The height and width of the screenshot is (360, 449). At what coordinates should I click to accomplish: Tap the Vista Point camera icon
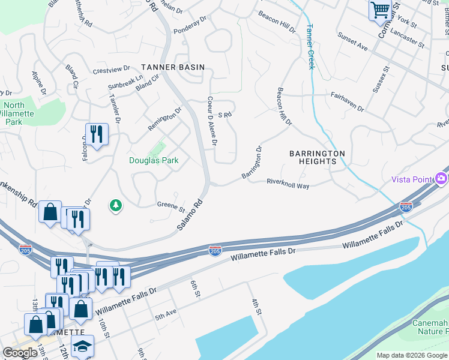coord(442,178)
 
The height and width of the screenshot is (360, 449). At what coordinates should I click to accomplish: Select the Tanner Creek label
coord(310,46)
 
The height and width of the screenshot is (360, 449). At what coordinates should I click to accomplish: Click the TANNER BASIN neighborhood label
coord(173,67)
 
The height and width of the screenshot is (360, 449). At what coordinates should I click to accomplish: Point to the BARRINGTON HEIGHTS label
coord(317,157)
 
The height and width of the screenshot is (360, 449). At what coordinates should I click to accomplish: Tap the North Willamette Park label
coord(13,113)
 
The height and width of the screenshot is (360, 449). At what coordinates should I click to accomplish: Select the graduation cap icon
coord(82,347)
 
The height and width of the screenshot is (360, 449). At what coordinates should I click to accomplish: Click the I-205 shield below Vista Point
coord(406,207)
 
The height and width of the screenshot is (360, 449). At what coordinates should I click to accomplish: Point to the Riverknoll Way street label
coord(288,183)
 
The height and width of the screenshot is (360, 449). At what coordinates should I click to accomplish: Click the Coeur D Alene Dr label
coord(212,121)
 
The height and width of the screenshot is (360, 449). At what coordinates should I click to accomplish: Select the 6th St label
coord(194,288)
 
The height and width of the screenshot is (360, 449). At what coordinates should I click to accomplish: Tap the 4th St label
coord(256,307)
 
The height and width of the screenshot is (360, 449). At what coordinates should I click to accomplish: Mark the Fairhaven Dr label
coord(347,101)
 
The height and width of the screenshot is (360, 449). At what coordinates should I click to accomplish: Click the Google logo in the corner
coord(20,353)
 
